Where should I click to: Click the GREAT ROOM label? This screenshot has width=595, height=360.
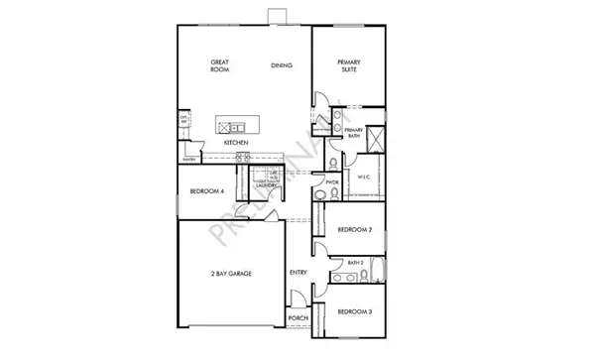pos(220,65)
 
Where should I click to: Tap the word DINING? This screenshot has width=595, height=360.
pos(282,66)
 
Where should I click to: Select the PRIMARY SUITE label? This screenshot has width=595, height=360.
pos(346,65)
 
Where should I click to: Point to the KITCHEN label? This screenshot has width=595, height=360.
pos(235,143)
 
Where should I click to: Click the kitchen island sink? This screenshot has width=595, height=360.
pos(238,127)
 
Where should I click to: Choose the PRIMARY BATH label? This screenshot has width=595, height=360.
pos(354,134)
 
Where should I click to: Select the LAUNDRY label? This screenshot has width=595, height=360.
pos(265,184)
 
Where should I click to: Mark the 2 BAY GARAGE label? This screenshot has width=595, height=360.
pos(228,273)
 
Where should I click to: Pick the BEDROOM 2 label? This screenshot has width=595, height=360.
pos(354,229)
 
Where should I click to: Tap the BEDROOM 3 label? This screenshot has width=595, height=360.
pos(354,312)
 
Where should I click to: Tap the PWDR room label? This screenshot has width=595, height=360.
pos(332,182)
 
